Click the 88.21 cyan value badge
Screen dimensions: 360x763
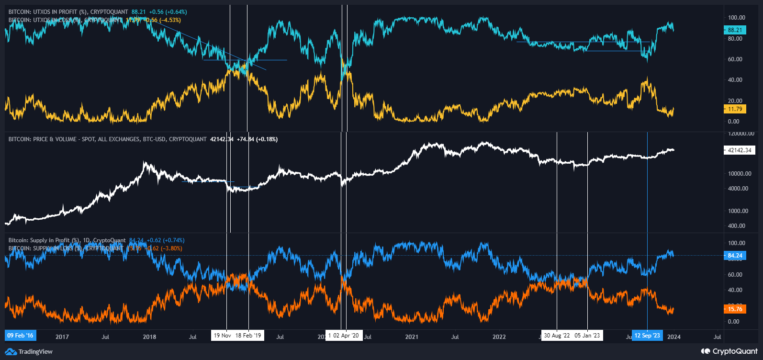click(x=734, y=30)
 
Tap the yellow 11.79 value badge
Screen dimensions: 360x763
click(x=734, y=109)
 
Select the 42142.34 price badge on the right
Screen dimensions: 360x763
click(x=739, y=150)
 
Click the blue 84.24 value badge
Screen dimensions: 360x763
click(x=734, y=256)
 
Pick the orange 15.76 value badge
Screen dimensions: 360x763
click(x=734, y=309)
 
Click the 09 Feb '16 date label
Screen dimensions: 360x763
click(x=20, y=336)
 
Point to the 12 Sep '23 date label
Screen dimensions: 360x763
click(x=647, y=336)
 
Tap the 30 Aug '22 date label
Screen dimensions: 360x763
click(x=557, y=336)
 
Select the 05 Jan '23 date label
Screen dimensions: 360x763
click(x=587, y=336)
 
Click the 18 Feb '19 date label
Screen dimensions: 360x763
click(x=248, y=336)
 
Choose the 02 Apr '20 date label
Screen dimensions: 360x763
click(x=346, y=336)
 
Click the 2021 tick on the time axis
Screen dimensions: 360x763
click(x=412, y=337)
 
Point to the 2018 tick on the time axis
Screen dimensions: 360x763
click(x=149, y=337)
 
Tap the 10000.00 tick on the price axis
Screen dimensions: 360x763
click(x=740, y=174)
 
